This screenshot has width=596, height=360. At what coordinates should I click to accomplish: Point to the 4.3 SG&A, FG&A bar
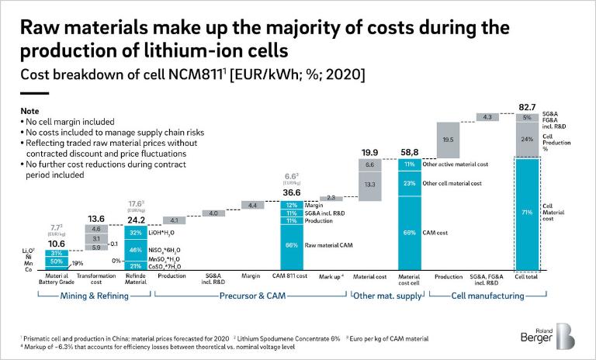pos(487,117)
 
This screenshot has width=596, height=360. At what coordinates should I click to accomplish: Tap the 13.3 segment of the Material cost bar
pos(369,185)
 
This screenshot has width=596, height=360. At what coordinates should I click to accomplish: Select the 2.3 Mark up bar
pos(331,198)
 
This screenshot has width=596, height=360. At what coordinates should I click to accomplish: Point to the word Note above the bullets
pos(29,111)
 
